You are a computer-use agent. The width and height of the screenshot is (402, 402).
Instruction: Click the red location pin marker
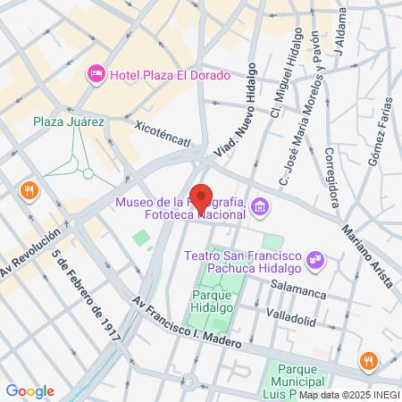pos(202,199)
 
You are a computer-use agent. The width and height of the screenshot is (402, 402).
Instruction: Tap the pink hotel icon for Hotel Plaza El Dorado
pos(96,73)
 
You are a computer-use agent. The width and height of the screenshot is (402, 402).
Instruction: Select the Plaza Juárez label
pos(69,121)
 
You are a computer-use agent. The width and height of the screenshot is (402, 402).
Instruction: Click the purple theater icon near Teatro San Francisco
pos(314,260)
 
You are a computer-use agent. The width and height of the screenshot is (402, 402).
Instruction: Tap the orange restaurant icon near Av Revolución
pos(29,189)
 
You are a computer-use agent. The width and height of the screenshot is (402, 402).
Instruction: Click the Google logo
pos(29,391)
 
